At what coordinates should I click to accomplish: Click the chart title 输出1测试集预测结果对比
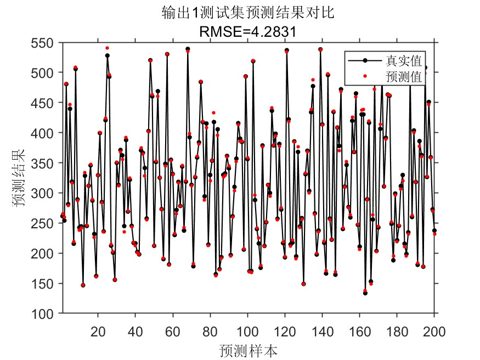click(248, 13)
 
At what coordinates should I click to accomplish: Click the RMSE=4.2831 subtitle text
click(248, 32)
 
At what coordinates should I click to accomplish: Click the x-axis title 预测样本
click(247, 350)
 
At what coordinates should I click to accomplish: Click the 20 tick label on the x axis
click(98, 331)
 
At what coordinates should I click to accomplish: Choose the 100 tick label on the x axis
click(247, 331)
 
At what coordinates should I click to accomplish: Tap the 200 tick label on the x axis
click(433, 331)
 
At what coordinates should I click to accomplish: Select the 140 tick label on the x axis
click(322, 331)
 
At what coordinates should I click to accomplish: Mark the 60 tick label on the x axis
click(173, 331)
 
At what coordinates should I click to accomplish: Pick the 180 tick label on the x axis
click(397, 331)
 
